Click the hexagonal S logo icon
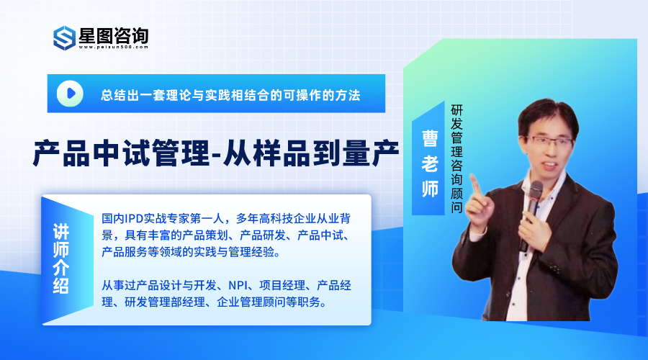(65, 37)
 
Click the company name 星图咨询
(114, 35)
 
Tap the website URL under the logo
(113, 47)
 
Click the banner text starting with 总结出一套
(230, 95)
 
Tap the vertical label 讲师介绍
(61, 258)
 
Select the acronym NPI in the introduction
(238, 285)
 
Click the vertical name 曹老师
(430, 163)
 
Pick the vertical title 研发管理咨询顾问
(456, 158)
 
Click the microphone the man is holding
(532, 210)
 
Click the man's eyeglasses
(549, 141)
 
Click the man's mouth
(550, 165)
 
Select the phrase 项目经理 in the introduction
(282, 285)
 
